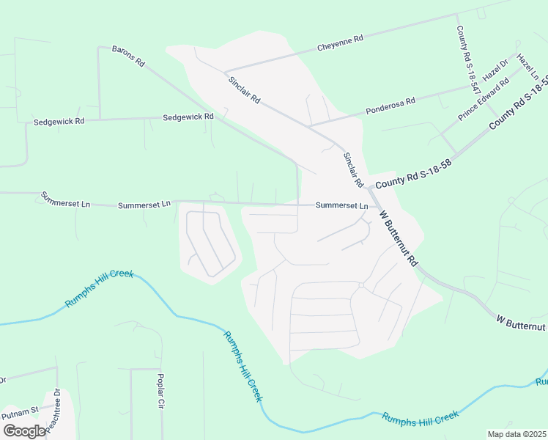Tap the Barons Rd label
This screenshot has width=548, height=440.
[x=128, y=56]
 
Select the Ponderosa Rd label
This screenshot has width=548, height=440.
[x=390, y=106]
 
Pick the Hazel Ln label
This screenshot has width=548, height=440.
[x=527, y=67]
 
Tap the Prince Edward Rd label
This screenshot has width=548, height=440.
[x=483, y=100]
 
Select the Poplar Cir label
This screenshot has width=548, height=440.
[x=160, y=391]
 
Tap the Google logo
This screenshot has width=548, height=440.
[x=24, y=431]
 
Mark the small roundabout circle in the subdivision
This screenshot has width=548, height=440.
[x=361, y=285]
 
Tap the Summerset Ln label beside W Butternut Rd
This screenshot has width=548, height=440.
[x=341, y=206]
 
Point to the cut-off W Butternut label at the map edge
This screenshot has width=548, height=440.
[x=522, y=323]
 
